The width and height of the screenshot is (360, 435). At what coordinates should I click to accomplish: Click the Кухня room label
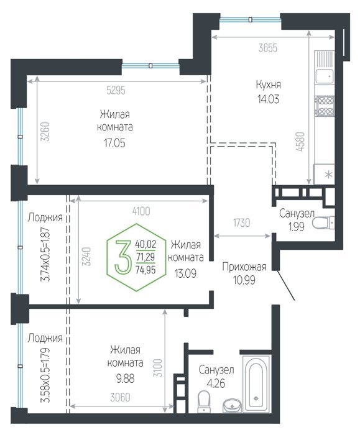268,85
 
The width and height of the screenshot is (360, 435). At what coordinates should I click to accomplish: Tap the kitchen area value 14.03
269,99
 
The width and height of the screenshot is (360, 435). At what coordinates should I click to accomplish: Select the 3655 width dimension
267,48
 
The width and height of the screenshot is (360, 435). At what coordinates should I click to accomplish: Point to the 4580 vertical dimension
300,142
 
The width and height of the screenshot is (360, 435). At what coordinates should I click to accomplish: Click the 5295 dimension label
116,90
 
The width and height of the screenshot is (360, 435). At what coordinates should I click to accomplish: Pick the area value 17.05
114,143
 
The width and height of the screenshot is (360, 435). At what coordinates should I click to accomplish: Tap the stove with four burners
324,106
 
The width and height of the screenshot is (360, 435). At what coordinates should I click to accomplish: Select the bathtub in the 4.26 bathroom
256,383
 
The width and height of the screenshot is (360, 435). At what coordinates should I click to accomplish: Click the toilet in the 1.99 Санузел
324,222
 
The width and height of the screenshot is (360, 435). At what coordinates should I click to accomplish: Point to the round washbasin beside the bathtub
232,405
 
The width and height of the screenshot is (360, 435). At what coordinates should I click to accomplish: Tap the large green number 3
122,257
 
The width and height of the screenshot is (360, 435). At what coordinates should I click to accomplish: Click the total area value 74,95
145,269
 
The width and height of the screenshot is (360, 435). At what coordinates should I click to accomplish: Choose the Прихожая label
244,267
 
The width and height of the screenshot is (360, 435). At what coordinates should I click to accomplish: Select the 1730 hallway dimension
241,222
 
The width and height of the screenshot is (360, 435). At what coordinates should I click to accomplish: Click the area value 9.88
125,378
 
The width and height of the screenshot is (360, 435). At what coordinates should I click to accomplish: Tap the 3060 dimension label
120,398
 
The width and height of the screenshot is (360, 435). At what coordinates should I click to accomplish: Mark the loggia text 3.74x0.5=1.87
45,254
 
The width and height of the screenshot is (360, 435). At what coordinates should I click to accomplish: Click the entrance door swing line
286,285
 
